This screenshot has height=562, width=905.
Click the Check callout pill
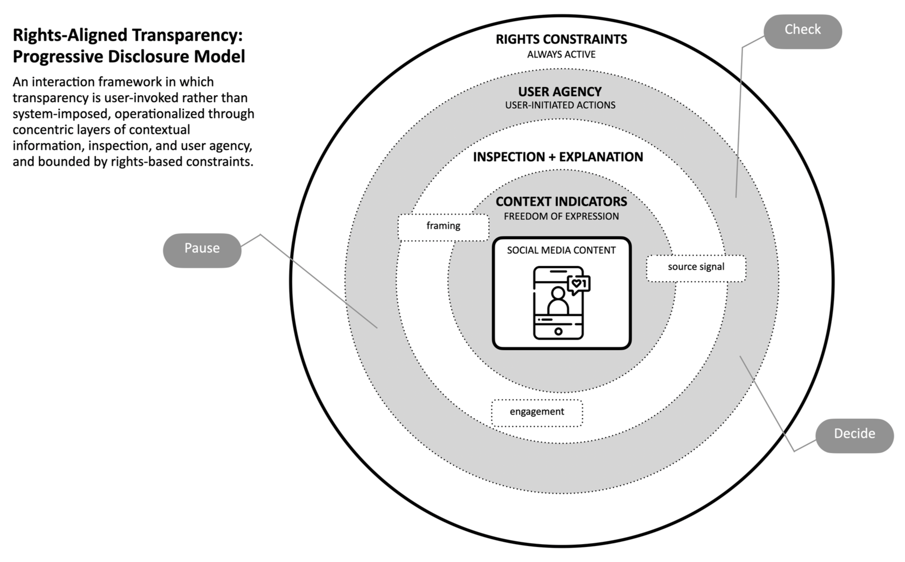(802, 31)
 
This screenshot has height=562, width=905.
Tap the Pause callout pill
(202, 250)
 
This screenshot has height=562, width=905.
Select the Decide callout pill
(854, 435)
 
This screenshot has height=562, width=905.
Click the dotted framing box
(443, 227)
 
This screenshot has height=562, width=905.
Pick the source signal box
(696, 268)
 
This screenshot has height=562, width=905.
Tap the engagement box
(536, 413)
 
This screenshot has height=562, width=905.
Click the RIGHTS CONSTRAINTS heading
(561, 40)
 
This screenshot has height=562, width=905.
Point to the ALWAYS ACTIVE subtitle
(561, 55)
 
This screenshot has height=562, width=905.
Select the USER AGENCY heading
(560, 92)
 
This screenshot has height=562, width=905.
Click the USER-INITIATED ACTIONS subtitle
(560, 105)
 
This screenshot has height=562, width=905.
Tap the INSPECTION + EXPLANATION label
(558, 157)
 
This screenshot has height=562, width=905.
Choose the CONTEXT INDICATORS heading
(561, 202)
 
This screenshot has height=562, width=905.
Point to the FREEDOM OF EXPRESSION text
(561, 217)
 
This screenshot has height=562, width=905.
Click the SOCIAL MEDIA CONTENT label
(561, 251)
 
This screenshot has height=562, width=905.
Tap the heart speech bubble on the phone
(578, 284)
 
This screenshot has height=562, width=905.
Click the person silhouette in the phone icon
(558, 301)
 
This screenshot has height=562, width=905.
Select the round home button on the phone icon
(558, 331)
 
